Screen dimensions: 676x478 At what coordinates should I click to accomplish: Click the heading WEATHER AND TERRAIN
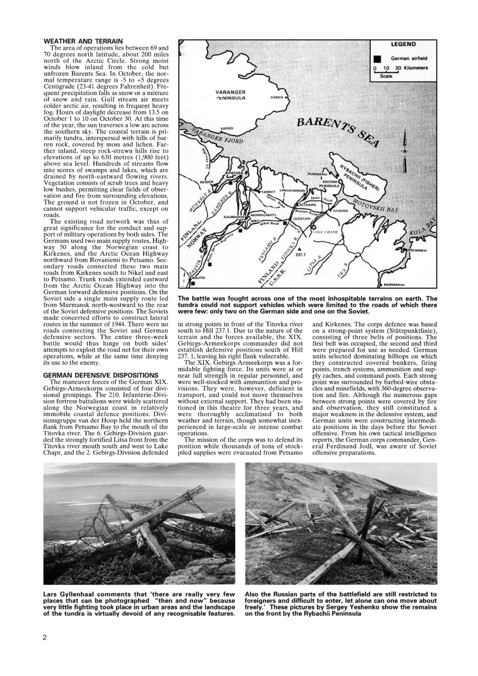(x=83, y=41)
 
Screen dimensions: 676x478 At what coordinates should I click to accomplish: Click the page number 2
(x=45, y=637)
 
